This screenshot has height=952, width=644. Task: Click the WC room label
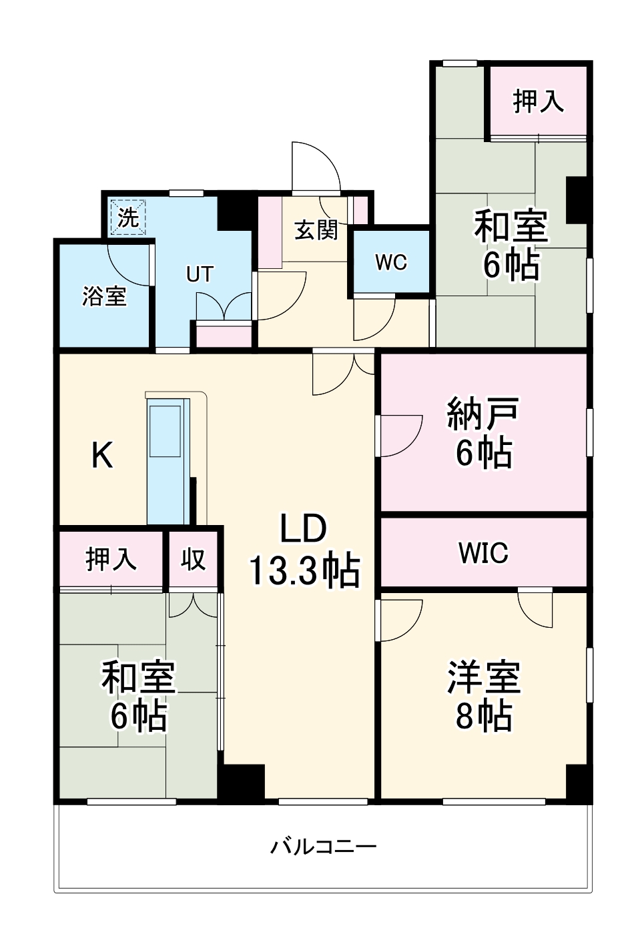click(x=391, y=262)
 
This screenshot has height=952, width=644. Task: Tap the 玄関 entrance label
click(x=316, y=230)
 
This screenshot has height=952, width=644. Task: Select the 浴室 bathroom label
click(x=104, y=296)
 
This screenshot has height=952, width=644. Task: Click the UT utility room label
click(x=200, y=274)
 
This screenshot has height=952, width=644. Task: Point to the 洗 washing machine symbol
click(x=127, y=217)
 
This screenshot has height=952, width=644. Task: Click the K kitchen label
click(x=102, y=456)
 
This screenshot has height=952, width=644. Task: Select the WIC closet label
click(x=483, y=553)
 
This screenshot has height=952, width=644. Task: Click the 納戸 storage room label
click(x=484, y=414)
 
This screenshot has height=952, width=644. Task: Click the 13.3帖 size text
click(x=304, y=571)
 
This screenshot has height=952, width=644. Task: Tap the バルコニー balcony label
click(x=323, y=847)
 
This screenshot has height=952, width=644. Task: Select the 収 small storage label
click(x=194, y=559)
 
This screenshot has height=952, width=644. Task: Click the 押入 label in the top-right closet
click(x=538, y=101)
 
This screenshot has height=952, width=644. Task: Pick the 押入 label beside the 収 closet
click(x=111, y=559)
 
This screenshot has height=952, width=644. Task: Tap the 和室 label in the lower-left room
click(x=138, y=676)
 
